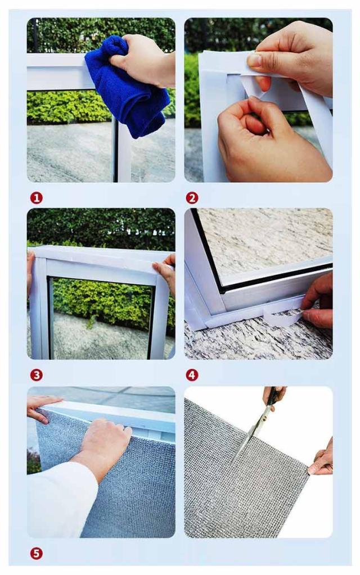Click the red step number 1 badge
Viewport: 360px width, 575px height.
(37, 198)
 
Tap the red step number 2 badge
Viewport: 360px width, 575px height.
(192, 198)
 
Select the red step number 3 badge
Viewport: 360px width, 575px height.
(37, 375)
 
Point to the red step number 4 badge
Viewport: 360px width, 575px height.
(192, 375)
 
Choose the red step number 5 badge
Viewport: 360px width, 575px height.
(37, 554)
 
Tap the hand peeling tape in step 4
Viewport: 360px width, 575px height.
(318, 301)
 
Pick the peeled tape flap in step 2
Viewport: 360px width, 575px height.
(253, 86)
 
